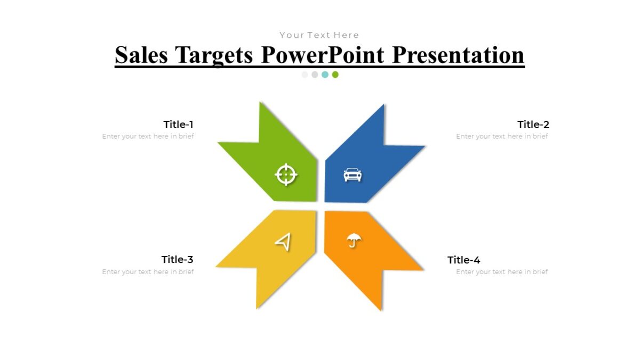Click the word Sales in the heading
[142, 55]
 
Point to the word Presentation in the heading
[458, 55]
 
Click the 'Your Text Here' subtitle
[319, 35]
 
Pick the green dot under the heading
[335, 75]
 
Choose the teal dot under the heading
[325, 75]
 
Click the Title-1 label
[178, 125]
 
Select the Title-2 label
[533, 125]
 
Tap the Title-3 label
[178, 260]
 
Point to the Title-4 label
[464, 260]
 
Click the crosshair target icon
[286, 174]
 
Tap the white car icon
[353, 174]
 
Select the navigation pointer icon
[283, 242]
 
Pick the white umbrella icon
[354, 241]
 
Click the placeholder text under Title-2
[502, 137]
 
